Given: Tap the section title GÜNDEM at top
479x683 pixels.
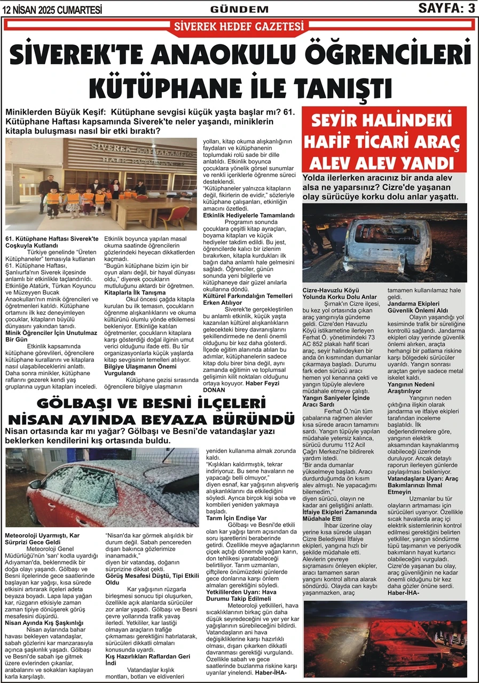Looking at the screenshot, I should coord(239,9).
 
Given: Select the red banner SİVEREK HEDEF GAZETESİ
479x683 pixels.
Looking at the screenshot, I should coord(239,26).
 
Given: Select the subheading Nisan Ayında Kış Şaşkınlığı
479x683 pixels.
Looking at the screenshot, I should coord(44,622).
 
